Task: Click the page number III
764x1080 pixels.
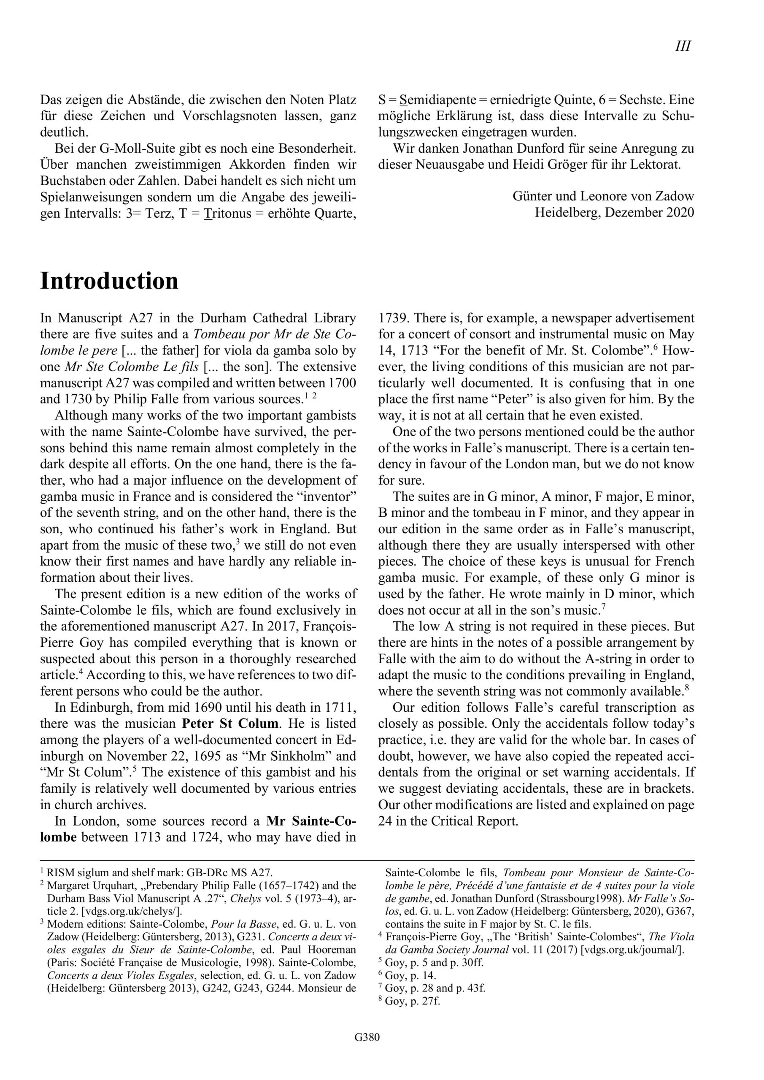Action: point(683,46)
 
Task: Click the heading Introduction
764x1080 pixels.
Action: point(109,281)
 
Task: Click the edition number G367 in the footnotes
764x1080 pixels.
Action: point(678,911)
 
